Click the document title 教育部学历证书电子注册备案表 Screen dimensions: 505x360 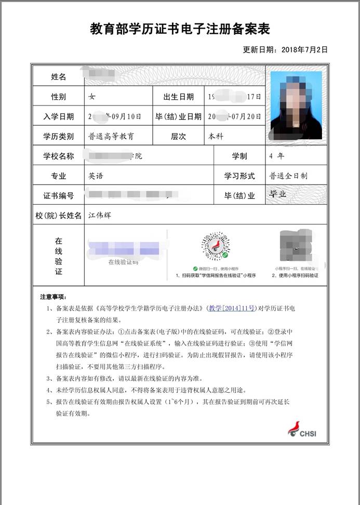(180, 29)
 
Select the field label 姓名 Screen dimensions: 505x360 (58, 77)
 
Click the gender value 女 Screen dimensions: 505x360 (92, 97)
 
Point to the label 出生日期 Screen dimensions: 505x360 (178, 97)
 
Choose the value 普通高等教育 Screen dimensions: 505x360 (111, 137)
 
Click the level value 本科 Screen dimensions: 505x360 (216, 137)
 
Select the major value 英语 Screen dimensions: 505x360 (96, 176)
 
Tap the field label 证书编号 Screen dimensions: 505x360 (58, 196)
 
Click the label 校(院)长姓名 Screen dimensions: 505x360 (58, 215)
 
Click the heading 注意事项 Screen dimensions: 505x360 (54, 297)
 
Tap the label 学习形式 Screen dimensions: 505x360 (239, 176)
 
